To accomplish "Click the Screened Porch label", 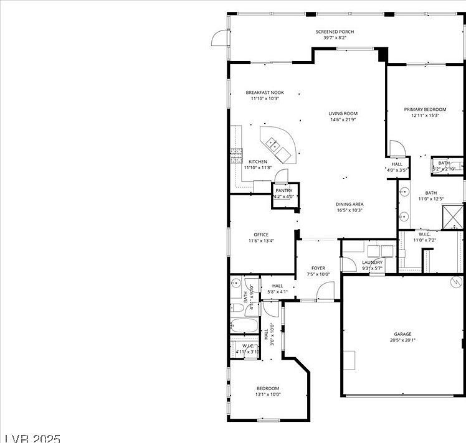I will pyautogui.click(x=335, y=31).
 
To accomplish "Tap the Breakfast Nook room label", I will pyautogui.click(x=265, y=93).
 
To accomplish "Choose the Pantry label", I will pyautogui.click(x=284, y=190).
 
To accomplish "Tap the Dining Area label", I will pyautogui.click(x=349, y=204).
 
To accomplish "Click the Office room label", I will pyautogui.click(x=260, y=235).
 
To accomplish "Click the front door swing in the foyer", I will pyautogui.click(x=325, y=291).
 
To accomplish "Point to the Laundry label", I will pyautogui.click(x=372, y=263).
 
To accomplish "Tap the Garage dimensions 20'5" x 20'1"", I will pyautogui.click(x=402, y=340).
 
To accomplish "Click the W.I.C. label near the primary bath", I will pyautogui.click(x=425, y=234).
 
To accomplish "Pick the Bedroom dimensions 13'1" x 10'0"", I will pyautogui.click(x=268, y=394).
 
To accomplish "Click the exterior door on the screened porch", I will pyautogui.click(x=220, y=38).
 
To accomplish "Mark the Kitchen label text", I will pyautogui.click(x=258, y=162).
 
